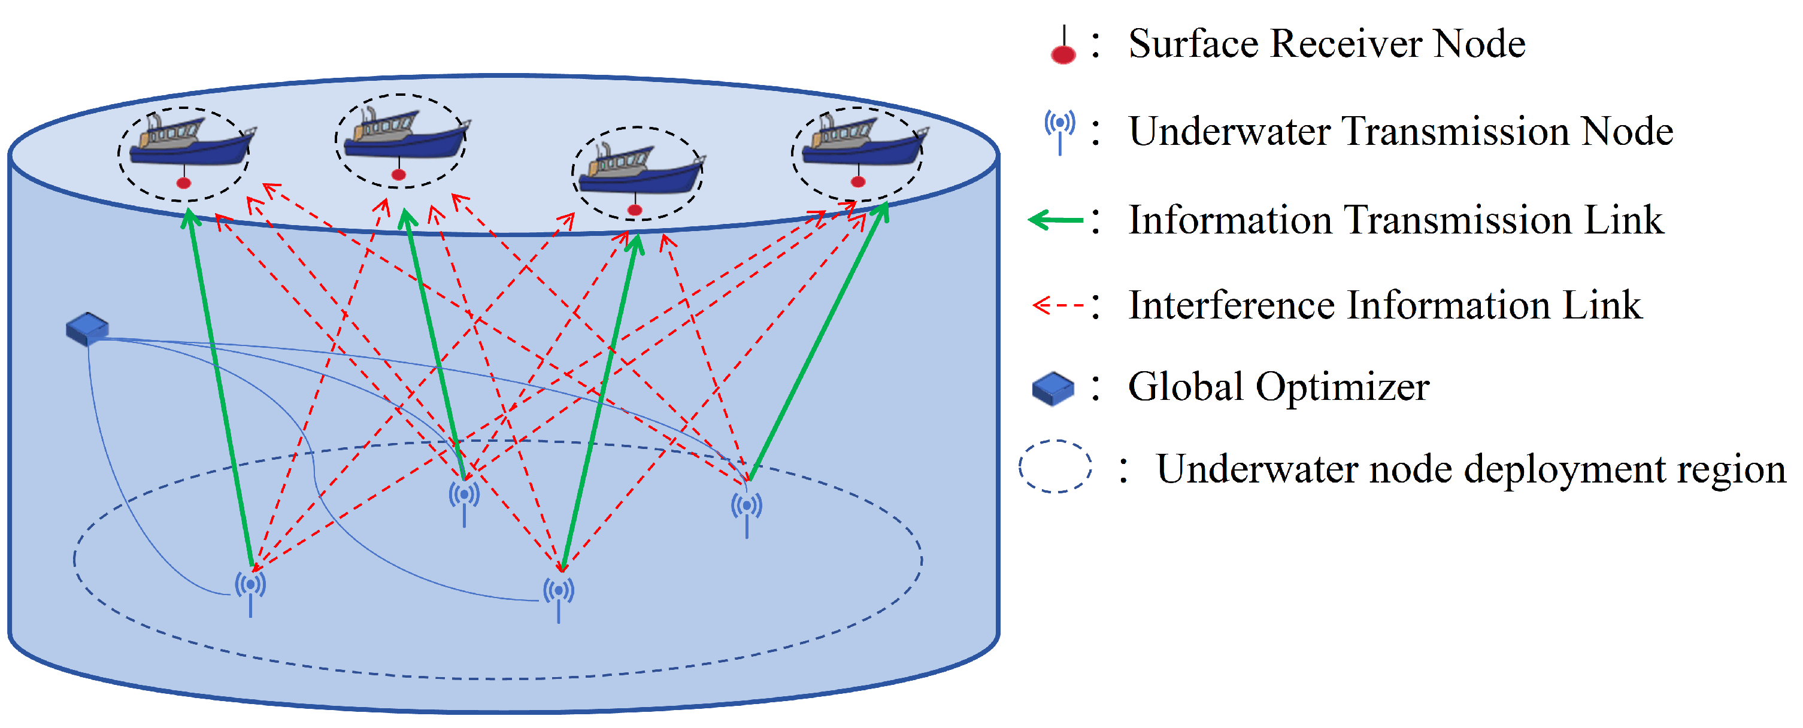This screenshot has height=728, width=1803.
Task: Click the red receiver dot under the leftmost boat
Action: pos(183,183)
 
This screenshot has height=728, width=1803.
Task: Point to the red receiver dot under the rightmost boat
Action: pos(858,182)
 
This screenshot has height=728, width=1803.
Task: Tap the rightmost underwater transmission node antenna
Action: pos(747,514)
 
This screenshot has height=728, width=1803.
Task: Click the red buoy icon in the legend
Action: pos(1063,46)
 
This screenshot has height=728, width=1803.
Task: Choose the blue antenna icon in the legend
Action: pos(1060,132)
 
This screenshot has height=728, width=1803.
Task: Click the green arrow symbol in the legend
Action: pos(1056,220)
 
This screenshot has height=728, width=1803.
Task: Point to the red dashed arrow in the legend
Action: pos(1058,306)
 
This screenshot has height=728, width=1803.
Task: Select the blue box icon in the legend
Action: pos(1053,389)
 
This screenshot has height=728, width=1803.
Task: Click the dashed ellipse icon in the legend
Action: pos(1054,467)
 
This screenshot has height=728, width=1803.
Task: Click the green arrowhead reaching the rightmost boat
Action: pos(882,211)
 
